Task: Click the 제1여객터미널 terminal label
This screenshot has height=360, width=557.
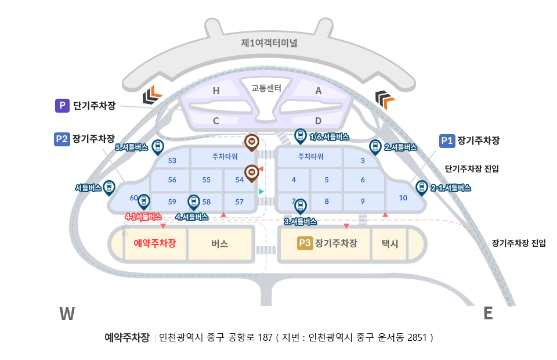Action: click(x=269, y=42)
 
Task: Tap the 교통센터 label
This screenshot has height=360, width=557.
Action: click(x=266, y=88)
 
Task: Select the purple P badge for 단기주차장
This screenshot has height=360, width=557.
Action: click(x=62, y=106)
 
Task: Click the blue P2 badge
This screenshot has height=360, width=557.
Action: click(x=62, y=139)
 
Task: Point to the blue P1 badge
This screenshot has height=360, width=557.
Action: click(x=446, y=141)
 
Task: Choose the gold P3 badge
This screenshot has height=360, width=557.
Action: click(x=305, y=243)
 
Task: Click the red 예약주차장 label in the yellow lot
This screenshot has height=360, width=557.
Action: click(x=154, y=243)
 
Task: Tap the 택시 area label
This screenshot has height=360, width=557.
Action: click(x=389, y=244)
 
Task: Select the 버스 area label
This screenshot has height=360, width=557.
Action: click(x=220, y=244)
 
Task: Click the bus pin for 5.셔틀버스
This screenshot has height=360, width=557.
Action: click(x=157, y=146)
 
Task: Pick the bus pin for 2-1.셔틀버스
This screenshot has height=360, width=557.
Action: click(x=421, y=187)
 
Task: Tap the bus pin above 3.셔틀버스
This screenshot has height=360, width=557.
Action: click(x=300, y=205)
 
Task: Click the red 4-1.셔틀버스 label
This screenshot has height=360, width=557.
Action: click(x=143, y=217)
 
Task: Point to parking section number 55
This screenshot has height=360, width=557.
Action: click(x=206, y=180)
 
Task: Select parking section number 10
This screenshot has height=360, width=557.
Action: click(x=403, y=198)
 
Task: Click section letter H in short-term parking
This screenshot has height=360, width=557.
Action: click(x=216, y=91)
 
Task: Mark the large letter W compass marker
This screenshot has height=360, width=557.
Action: click(x=67, y=314)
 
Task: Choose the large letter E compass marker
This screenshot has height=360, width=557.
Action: click(x=488, y=314)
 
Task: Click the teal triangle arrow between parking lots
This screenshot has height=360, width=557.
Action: click(x=262, y=191)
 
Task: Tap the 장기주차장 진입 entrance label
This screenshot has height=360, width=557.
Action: click(x=518, y=243)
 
